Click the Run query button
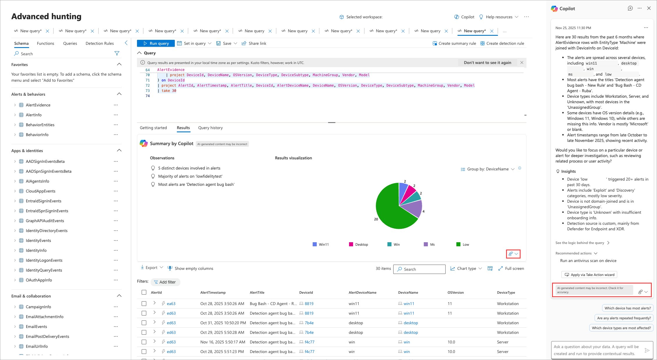(156, 43)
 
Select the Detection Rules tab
(100, 43)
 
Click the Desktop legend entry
(358, 245)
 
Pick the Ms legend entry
(429, 245)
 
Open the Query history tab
(211, 128)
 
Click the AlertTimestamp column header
(213, 293)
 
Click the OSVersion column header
(456, 293)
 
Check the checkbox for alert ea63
(144, 304)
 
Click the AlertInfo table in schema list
(34, 115)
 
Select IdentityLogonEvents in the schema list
(44, 260)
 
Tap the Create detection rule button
(502, 43)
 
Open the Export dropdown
(152, 268)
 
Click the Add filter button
(165, 282)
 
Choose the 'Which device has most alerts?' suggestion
(628, 308)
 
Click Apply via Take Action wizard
(589, 275)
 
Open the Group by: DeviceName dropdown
(488, 169)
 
